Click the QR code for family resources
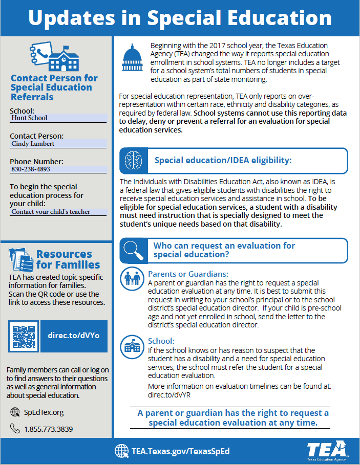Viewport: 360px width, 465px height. coord(24,336)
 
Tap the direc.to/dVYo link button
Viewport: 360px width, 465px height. coord(74,336)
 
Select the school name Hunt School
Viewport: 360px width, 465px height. coord(29,118)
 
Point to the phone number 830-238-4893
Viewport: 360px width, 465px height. coord(31,169)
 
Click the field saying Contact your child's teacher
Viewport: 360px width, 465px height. coord(51,212)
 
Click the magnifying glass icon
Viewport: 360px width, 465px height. coord(132,250)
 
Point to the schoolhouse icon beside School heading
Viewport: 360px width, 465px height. coord(131,347)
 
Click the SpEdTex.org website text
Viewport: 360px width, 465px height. coord(44,412)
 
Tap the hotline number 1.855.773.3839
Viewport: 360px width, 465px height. coord(48,429)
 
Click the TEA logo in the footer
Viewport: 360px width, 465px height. coord(327,451)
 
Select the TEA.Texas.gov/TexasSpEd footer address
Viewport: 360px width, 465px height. coord(180,451)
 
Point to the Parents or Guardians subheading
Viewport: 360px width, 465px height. coord(188,274)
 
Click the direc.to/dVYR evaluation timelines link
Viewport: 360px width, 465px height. coord(170,395)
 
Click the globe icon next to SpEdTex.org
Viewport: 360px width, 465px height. coord(15,412)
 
